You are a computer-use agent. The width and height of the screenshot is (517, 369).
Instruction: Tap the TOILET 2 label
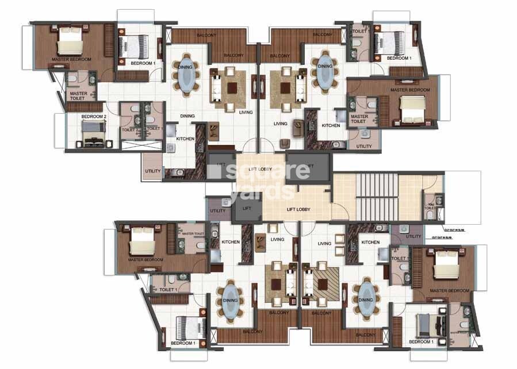[128, 129]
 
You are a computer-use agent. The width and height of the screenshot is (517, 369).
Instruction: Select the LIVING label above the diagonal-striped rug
[324, 244]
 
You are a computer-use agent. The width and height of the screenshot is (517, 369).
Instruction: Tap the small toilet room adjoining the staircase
[433, 207]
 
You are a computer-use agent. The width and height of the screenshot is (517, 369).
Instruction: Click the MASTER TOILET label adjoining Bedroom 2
[77, 95]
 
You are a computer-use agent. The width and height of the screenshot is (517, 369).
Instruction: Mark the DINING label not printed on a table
[187, 116]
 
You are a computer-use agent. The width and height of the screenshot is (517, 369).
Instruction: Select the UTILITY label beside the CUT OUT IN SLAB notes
[413, 236]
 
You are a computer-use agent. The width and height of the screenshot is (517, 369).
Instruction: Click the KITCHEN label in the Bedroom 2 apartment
[185, 139]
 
